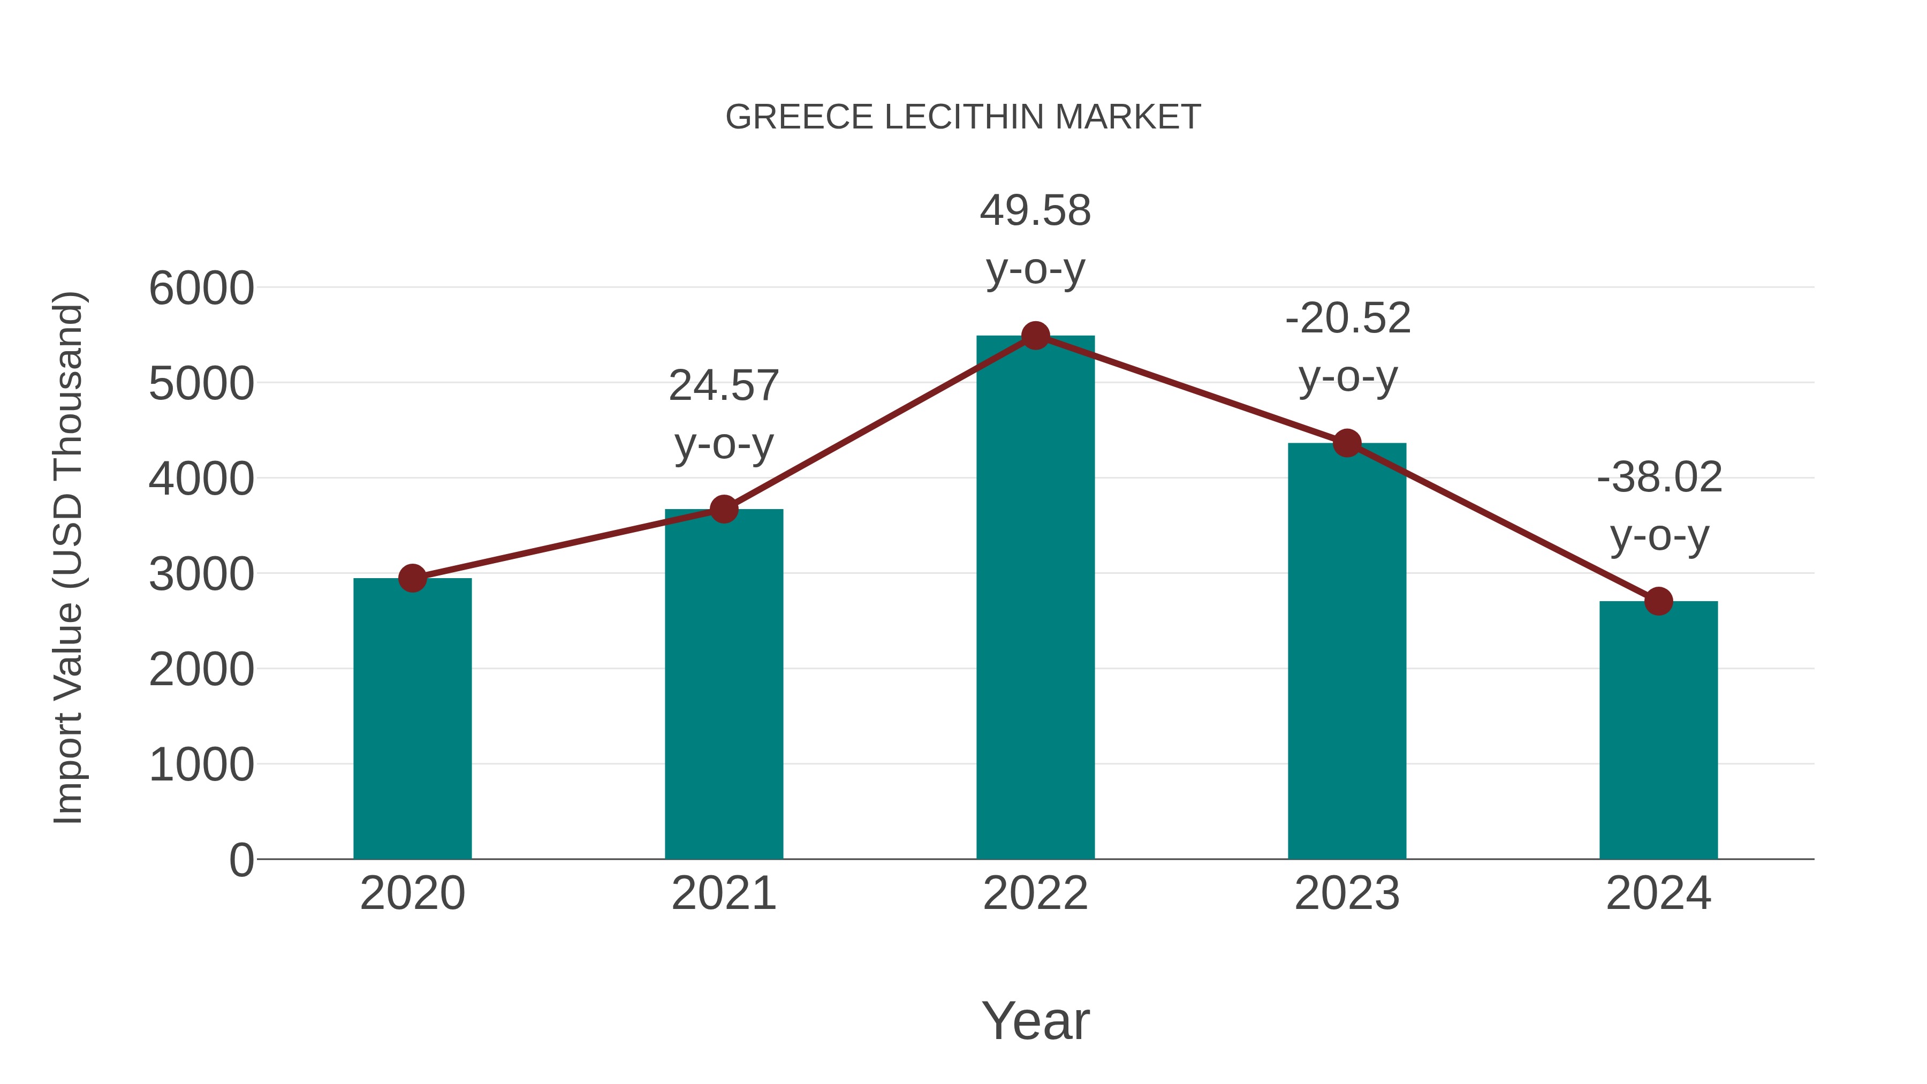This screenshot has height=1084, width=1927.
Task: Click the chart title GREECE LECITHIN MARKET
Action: point(963,117)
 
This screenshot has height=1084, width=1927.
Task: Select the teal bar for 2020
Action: point(412,718)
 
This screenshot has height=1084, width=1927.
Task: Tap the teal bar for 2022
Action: point(1035,598)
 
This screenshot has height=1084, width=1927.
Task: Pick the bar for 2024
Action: point(1658,730)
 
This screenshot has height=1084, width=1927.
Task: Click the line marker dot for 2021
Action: point(723,510)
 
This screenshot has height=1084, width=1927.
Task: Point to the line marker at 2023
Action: point(1347,444)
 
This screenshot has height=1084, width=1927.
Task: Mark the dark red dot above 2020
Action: point(412,578)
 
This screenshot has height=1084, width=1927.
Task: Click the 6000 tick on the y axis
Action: point(201,289)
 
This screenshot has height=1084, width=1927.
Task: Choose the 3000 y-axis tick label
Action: point(201,575)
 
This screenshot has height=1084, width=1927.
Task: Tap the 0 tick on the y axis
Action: point(241,860)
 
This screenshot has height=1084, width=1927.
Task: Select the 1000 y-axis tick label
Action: point(201,765)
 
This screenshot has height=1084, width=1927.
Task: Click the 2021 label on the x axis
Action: point(723,893)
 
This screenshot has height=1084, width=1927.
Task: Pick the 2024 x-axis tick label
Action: point(1658,893)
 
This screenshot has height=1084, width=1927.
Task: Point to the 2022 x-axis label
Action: point(1035,893)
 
